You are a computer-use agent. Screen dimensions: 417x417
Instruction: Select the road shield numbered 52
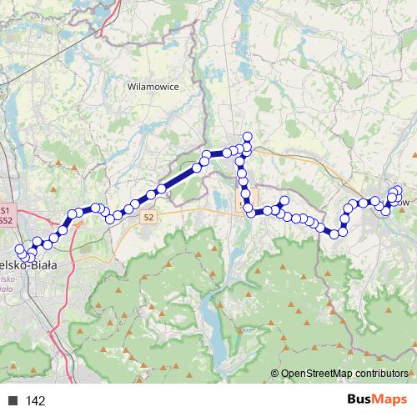(x=148, y=217)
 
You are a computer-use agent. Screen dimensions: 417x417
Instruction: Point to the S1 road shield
(x=5, y=211)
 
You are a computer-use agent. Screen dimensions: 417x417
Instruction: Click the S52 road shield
(x=5, y=221)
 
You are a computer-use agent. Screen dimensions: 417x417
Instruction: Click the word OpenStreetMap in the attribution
(x=317, y=374)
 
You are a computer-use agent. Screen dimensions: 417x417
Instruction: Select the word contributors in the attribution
(x=382, y=374)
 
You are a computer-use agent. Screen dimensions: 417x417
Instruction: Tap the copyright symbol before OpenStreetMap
(x=275, y=374)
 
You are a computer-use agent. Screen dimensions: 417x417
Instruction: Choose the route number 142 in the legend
(x=36, y=401)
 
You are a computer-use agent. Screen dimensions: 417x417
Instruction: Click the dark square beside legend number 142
(x=13, y=401)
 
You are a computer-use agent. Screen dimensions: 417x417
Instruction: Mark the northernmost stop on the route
(x=247, y=137)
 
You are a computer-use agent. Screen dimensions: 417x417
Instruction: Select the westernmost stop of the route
(x=18, y=249)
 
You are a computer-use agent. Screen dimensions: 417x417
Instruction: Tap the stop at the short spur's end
(x=284, y=200)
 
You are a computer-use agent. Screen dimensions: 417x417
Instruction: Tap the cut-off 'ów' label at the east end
(x=405, y=202)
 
